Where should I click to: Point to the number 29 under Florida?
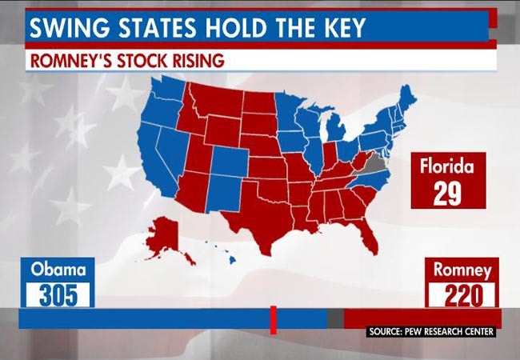[x=448, y=194]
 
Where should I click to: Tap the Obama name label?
[x=58, y=270]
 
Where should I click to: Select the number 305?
[x=58, y=295]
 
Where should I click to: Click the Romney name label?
[x=462, y=270]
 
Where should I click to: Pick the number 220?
[x=462, y=295]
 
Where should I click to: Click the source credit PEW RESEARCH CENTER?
[x=432, y=331]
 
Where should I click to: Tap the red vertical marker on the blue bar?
[x=273, y=318]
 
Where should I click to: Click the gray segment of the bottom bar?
[x=335, y=318]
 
